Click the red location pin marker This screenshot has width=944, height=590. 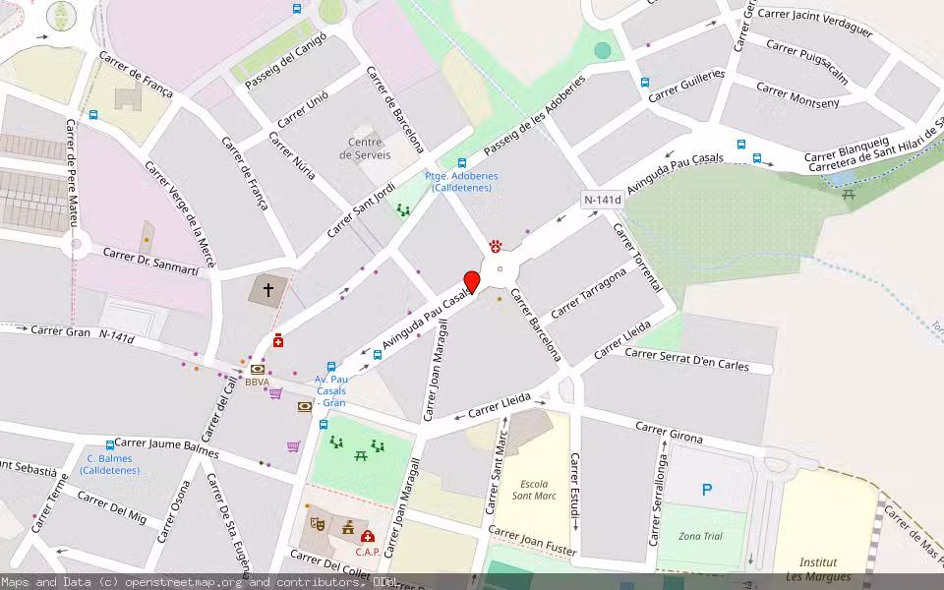pyautogui.click(x=472, y=281)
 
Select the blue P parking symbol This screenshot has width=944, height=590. pyautogui.click(x=706, y=490)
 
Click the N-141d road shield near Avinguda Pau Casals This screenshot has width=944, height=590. pyautogui.click(x=602, y=200)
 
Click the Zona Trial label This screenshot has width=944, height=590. pyautogui.click(x=700, y=536)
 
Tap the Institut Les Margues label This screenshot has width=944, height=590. pyautogui.click(x=818, y=569)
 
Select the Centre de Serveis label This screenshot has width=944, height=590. pyautogui.click(x=365, y=148)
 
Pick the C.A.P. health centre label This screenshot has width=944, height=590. pyautogui.click(x=368, y=552)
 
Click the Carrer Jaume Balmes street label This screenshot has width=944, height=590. pyautogui.click(x=166, y=447)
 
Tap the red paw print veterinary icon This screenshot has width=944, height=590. pyautogui.click(x=496, y=246)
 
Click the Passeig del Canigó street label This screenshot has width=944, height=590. pyautogui.click(x=285, y=60)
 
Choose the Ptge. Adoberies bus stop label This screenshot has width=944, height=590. pyautogui.click(x=461, y=182)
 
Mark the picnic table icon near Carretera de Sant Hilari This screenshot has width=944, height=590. pyautogui.click(x=849, y=195)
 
